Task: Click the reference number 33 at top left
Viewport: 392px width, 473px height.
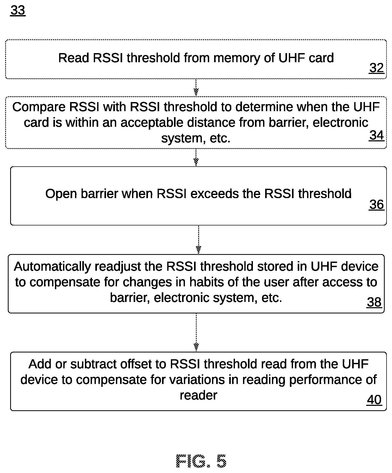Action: [x=18, y=10]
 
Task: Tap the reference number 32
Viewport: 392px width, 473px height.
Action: [x=377, y=68]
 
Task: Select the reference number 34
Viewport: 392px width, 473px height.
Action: [x=377, y=136]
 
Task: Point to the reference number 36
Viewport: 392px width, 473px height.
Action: [x=377, y=205]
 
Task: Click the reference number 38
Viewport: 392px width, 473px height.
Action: [x=374, y=302]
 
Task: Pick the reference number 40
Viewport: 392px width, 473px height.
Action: [x=374, y=400]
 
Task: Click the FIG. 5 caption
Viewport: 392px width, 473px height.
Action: [x=201, y=461]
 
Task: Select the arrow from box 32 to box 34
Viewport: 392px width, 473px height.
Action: [x=196, y=87]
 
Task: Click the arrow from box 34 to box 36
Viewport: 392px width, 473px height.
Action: [x=196, y=157]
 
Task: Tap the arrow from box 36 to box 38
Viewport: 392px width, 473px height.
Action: [x=198, y=239]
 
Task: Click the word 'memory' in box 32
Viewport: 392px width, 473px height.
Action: [x=237, y=58]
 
